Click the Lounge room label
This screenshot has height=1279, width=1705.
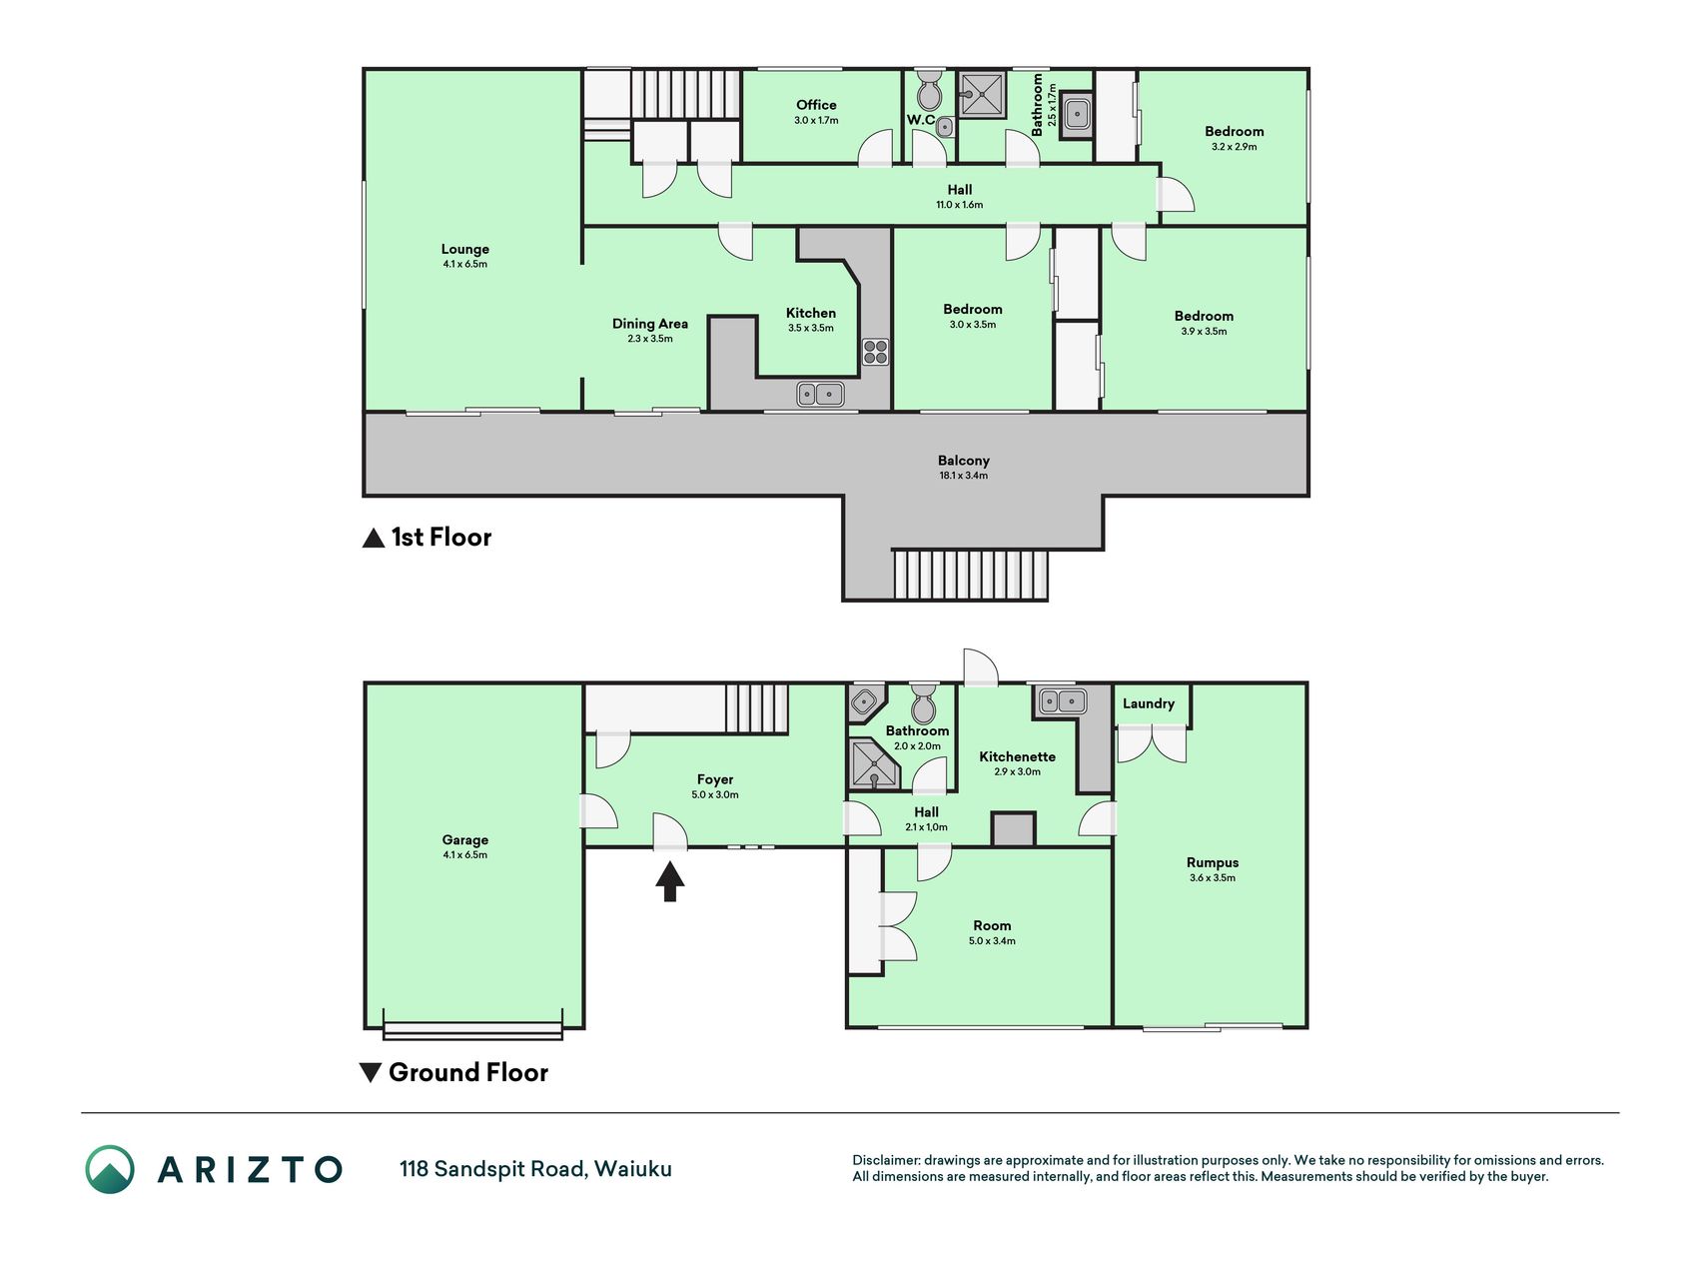click(x=465, y=249)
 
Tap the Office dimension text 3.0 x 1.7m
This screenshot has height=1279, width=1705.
click(x=816, y=120)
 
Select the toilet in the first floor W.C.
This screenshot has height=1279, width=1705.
click(x=930, y=90)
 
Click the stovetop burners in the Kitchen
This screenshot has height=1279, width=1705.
click(x=876, y=352)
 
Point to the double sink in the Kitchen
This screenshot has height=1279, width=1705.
click(x=821, y=394)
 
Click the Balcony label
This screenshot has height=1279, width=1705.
click(x=964, y=461)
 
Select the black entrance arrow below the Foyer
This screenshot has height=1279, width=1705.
click(x=670, y=882)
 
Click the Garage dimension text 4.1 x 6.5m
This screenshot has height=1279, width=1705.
click(x=465, y=855)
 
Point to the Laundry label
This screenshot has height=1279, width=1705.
click(x=1149, y=703)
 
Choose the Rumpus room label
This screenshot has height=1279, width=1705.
click(x=1213, y=862)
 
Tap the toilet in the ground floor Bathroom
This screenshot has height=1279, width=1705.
click(x=924, y=703)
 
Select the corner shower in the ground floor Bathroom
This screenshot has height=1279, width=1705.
click(x=873, y=764)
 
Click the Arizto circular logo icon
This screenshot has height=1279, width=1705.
click(x=110, y=1169)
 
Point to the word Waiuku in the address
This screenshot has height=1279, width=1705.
click(x=633, y=1168)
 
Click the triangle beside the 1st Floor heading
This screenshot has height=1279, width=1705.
click(x=373, y=538)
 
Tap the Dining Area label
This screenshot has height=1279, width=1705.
click(x=650, y=323)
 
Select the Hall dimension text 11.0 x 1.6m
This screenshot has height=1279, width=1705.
click(x=960, y=205)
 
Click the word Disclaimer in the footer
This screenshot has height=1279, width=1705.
click(x=886, y=1160)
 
